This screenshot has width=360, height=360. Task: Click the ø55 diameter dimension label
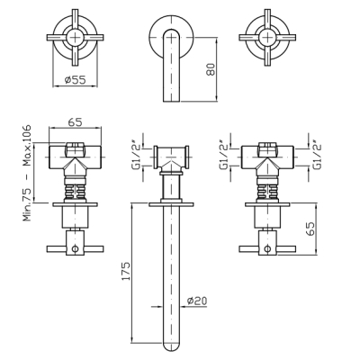(75, 80)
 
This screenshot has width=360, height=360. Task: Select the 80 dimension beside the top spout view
(211, 69)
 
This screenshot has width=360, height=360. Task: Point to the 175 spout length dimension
(126, 272)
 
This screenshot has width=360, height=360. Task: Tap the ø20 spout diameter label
(196, 301)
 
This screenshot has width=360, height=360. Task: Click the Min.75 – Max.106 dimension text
(27, 173)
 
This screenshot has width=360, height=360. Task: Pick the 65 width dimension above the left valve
(75, 122)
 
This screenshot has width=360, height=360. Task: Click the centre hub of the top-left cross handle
(75, 38)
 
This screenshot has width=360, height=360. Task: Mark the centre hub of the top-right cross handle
(267, 38)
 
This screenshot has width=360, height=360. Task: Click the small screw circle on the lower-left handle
(75, 248)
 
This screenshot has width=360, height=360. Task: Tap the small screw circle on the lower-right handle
(267, 248)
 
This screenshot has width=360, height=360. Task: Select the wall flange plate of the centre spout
(171, 204)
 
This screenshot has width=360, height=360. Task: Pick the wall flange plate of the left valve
(75, 204)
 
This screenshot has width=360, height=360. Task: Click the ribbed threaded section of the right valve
(267, 191)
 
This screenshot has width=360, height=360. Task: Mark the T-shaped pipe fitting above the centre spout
(171, 159)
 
